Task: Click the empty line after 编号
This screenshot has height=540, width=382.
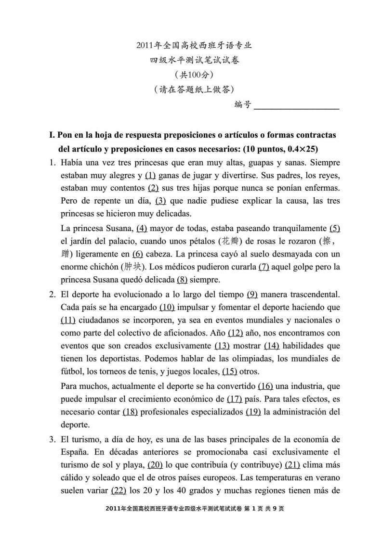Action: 296,105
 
